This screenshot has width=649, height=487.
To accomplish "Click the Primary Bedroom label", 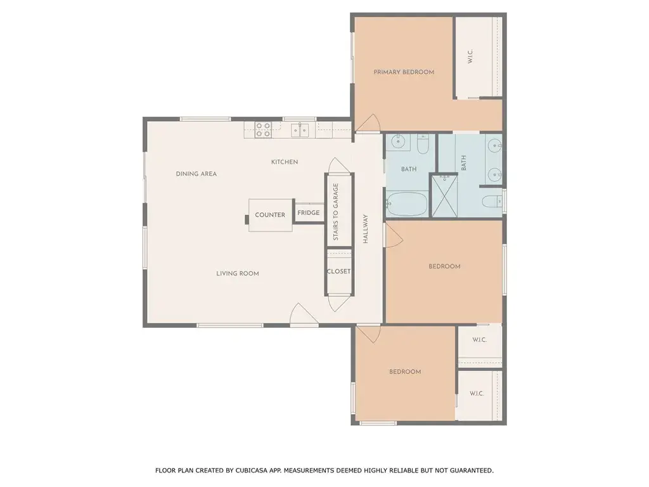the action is [x=404, y=72].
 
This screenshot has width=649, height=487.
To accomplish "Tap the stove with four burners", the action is [x=263, y=129].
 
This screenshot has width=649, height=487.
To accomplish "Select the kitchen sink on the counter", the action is [x=300, y=129].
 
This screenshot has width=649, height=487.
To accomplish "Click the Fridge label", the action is [x=309, y=213].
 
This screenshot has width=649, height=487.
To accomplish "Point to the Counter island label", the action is [x=270, y=215].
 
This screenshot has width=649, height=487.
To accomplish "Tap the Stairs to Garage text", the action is [x=336, y=212].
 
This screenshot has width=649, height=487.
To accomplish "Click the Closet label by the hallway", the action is [x=338, y=271].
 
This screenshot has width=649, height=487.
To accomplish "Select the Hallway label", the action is [x=366, y=228].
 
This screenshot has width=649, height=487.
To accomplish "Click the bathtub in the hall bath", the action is [x=406, y=204].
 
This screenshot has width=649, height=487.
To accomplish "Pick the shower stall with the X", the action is [x=444, y=196].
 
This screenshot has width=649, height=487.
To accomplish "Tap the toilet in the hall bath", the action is [x=423, y=144].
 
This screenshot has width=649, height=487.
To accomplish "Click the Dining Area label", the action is [x=196, y=174].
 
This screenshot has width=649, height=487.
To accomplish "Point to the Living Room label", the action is [x=238, y=273].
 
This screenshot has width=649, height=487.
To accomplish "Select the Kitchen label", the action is [x=285, y=162].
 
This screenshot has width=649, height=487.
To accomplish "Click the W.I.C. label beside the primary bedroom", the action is [x=470, y=56].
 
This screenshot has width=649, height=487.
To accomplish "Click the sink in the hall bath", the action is [x=398, y=141].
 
